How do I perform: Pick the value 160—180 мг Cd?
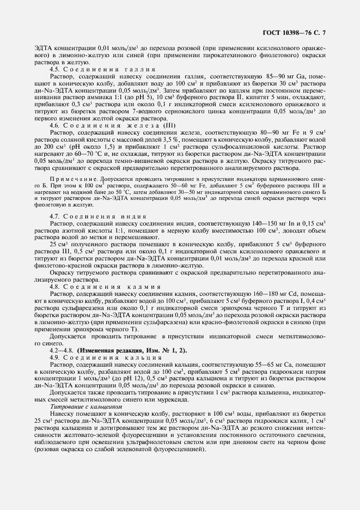tap(278, 294)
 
